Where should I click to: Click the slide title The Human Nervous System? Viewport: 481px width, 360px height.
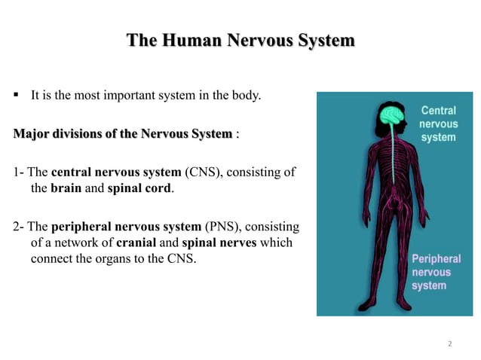click(240, 40)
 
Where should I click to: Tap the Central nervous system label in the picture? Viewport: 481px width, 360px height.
click(437, 124)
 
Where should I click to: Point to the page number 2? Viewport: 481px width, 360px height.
click(450, 344)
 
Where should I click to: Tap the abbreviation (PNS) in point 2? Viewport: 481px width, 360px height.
click(221, 227)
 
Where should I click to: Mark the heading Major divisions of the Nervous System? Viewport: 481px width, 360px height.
click(123, 134)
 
